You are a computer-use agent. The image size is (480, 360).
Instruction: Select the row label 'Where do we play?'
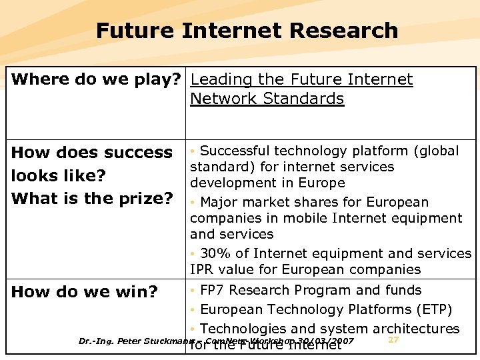tap(96, 80)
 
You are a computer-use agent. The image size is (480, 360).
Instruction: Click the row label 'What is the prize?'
tap(92, 199)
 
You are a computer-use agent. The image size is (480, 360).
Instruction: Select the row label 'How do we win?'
tap(85, 291)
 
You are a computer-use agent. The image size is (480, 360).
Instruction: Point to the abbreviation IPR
tap(203, 269)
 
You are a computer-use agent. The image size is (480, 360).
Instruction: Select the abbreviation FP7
tap(212, 290)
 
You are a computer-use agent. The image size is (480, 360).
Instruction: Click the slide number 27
tap(393, 340)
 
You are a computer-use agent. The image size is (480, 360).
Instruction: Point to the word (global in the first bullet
tap(436, 151)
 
